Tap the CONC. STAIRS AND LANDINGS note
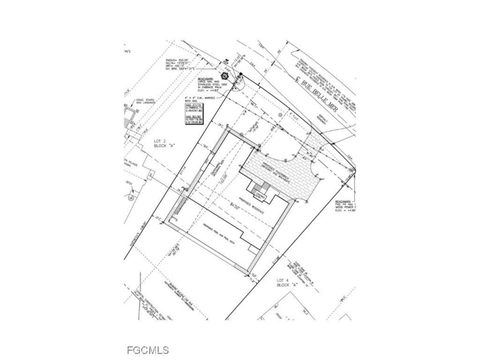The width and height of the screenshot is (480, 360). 138,105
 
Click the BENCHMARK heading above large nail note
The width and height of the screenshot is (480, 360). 206,78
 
